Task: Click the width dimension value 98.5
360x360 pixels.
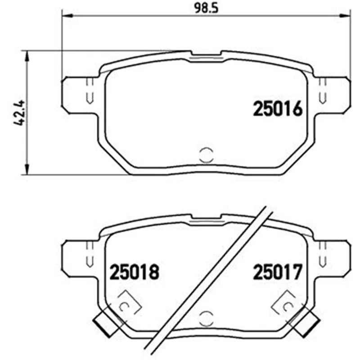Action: point(207,9)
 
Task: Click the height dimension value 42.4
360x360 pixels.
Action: point(19,112)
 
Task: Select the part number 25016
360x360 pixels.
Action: point(278,109)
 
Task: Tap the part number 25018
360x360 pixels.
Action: point(134,272)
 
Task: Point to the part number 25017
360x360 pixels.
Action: point(277,272)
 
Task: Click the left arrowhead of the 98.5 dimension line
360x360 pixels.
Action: point(67,16)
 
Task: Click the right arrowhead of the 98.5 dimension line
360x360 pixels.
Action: point(346,16)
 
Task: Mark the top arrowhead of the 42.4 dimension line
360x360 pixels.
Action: point(27,56)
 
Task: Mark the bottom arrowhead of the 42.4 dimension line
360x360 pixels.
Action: point(27,169)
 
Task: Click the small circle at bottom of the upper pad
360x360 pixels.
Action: point(207,155)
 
